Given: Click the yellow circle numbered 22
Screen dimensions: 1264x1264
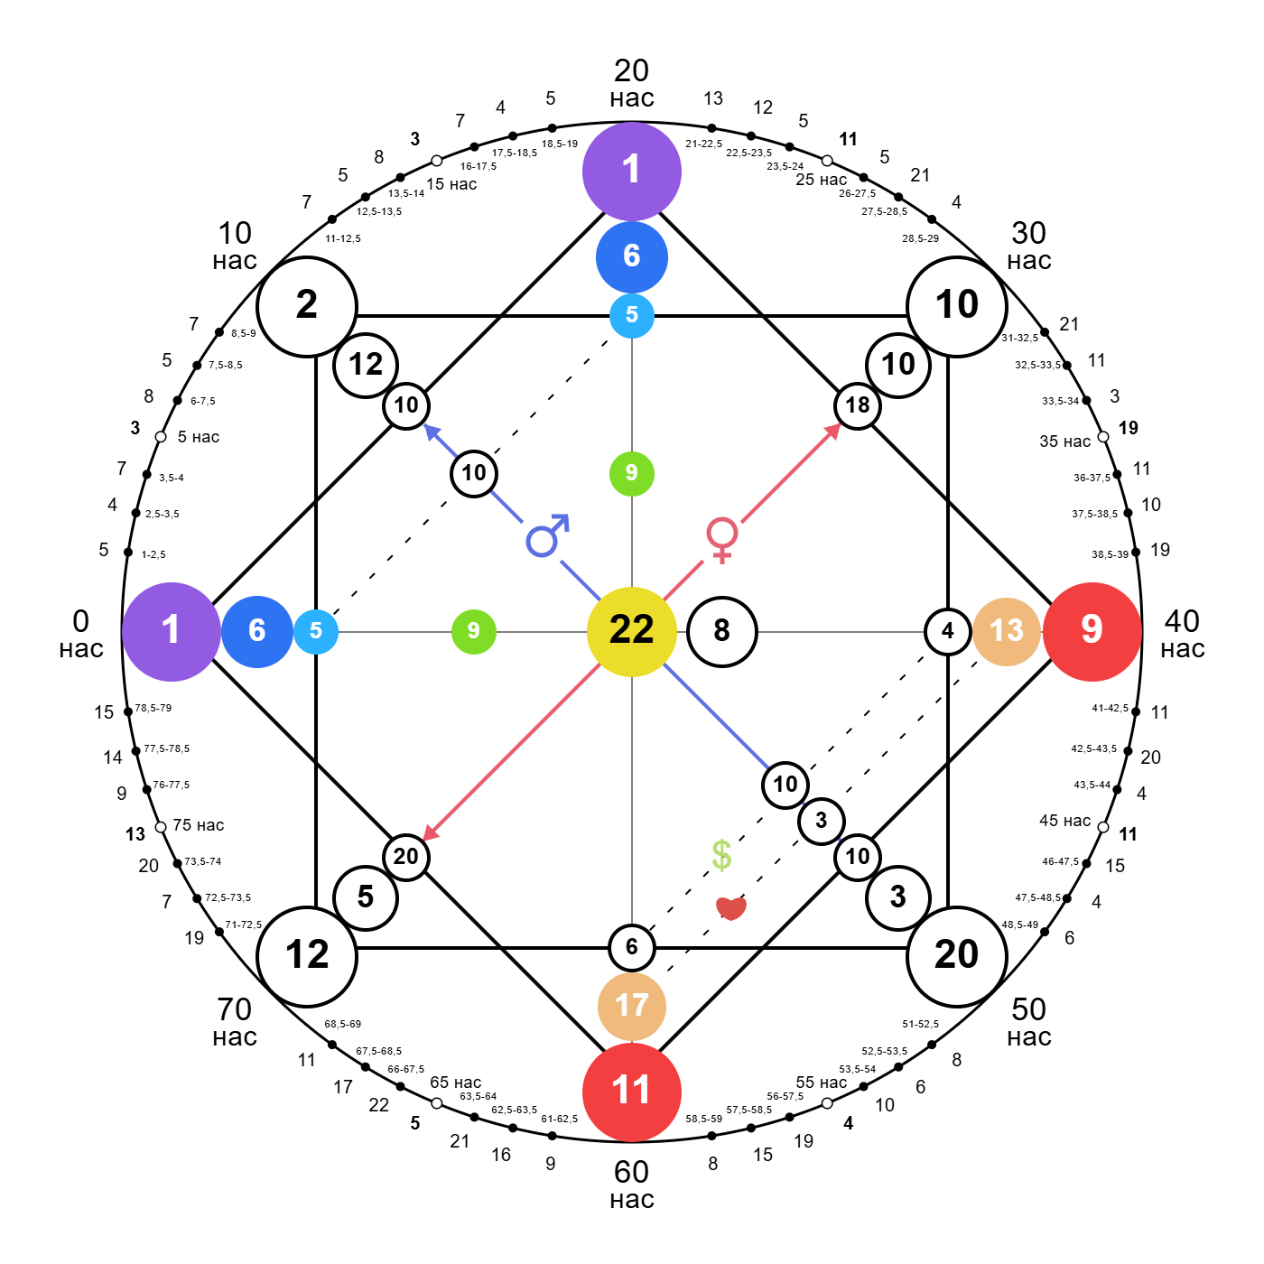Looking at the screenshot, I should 632,631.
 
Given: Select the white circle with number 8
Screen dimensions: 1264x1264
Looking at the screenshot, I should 722,631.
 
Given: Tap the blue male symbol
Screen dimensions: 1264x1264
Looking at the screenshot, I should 543,541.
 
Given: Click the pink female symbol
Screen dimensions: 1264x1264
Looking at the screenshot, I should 722,541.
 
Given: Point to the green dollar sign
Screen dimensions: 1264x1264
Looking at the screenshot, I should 721,854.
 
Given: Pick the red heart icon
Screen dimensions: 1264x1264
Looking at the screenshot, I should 731,907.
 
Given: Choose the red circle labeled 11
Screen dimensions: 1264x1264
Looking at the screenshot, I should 632,1092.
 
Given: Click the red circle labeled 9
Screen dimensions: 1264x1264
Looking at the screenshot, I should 1092,631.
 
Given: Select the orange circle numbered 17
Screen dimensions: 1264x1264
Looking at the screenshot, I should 632,1006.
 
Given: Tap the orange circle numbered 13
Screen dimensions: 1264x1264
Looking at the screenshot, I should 1006,631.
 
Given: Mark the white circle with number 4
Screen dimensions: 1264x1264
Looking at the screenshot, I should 947,631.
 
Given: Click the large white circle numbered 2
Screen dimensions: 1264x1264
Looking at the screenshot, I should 307,306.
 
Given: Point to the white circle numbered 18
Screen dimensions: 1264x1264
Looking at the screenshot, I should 857,405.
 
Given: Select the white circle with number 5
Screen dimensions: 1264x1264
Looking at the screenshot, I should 366,897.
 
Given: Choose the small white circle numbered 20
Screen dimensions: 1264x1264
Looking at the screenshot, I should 406,857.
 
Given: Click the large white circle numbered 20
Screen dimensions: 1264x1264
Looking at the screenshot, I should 956,956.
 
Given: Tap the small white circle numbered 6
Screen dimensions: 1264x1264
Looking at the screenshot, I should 632,947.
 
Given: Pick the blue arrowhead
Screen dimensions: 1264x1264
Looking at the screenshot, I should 432,432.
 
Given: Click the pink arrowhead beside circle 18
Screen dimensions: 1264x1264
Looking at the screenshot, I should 833,430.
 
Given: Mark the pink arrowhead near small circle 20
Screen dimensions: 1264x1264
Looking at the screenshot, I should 431,832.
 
